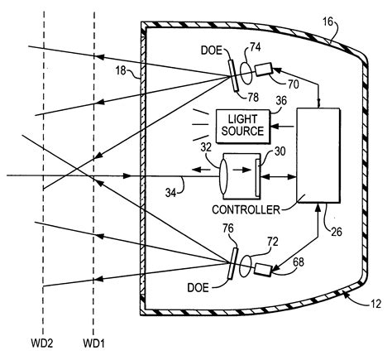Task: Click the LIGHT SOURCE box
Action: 243,127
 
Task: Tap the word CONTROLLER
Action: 246,210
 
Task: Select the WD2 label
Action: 41,343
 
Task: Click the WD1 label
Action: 94,343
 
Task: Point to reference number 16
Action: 327,22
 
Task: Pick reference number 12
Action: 375,304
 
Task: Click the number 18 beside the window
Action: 121,70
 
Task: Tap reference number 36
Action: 281,101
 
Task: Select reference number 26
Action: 337,232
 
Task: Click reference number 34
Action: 171,193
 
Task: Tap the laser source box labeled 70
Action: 264,70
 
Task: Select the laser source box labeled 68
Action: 263,269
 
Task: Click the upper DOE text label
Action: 212,50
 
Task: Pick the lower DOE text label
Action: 198,288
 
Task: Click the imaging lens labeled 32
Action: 223,176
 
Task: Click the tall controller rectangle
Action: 318,156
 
